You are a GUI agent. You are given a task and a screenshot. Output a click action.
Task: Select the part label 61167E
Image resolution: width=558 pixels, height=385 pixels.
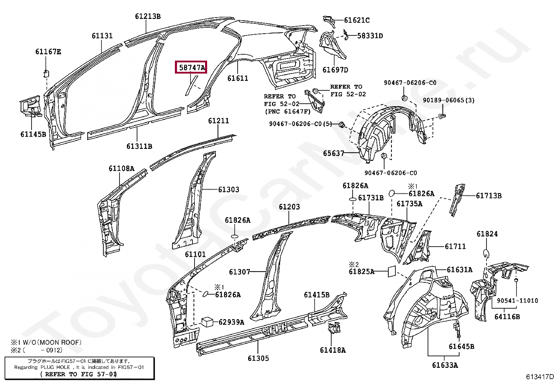[48, 52]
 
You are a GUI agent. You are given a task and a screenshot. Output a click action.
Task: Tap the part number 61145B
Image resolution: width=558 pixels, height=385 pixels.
[33, 134]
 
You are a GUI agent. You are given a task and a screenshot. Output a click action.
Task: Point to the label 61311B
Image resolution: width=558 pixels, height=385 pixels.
[139, 146]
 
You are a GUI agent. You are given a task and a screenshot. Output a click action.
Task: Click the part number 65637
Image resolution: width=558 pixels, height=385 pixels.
[333, 153]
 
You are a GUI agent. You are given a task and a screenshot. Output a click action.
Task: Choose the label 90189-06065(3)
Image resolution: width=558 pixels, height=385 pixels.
[448, 100]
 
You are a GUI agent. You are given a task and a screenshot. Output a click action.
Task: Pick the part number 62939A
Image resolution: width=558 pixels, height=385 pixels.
[231, 322]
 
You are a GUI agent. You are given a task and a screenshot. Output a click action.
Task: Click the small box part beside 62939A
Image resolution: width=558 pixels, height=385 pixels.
[207, 322]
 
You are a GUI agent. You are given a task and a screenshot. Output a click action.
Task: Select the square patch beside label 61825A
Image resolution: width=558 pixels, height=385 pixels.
[392, 271]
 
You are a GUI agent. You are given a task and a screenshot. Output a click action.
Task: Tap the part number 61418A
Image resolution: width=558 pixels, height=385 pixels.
[333, 350]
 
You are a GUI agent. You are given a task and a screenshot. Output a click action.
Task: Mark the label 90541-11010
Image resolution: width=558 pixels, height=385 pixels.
[517, 301]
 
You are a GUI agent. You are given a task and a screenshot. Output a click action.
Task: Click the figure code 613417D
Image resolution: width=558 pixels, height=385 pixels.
[539, 377]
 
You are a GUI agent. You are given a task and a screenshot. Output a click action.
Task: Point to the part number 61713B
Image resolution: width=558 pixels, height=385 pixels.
[488, 196]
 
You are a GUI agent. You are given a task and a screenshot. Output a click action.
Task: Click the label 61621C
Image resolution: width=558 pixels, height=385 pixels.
[356, 20]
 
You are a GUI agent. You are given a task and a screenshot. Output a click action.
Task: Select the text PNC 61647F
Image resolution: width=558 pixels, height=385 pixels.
[287, 112]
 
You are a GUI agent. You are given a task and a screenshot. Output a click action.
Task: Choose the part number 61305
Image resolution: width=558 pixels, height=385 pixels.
[258, 358]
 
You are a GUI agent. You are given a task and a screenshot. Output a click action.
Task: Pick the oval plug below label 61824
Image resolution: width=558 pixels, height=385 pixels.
[486, 253]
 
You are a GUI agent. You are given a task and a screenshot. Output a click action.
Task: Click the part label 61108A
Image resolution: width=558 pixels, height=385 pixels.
[121, 169]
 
